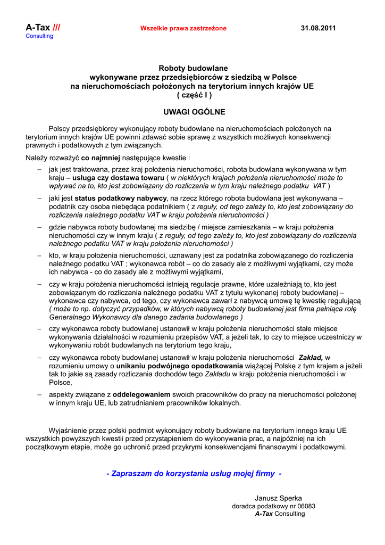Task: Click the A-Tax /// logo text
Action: tap(43, 27)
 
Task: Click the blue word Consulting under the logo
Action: tap(40, 36)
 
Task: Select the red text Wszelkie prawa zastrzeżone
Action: tap(183, 28)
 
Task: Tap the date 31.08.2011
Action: tap(318, 28)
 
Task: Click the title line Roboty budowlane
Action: tap(193, 68)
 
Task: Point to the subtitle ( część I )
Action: tap(194, 95)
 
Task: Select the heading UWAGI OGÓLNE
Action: tap(194, 112)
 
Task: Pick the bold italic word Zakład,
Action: tap(311, 358)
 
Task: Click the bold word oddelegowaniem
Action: tap(141, 395)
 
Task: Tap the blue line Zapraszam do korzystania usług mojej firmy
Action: tap(194, 473)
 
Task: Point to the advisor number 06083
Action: tap(306, 506)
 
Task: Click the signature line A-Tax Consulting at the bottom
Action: tap(280, 514)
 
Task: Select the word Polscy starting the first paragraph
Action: tap(59, 129)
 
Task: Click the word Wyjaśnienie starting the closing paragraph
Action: tap(69, 430)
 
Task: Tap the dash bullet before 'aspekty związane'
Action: tap(39, 395)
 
